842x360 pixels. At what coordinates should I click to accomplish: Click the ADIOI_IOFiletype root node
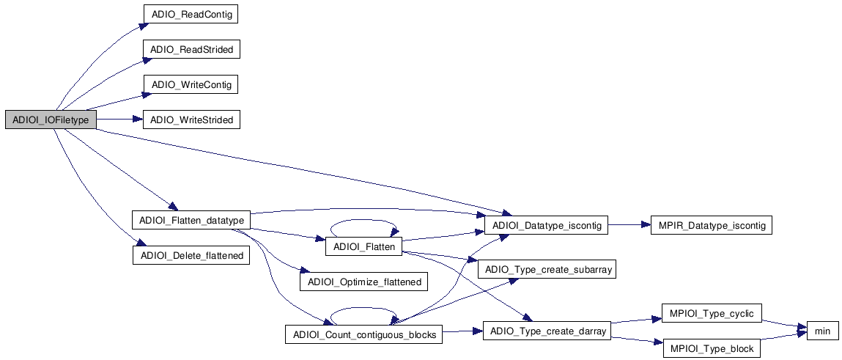50,120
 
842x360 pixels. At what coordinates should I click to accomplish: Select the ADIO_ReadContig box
192,15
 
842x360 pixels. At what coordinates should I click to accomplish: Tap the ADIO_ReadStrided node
192,50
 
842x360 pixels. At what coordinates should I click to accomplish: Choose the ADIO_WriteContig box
192,85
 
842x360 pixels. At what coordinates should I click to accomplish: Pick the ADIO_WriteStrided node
192,120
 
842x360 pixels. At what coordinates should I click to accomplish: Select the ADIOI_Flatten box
364,247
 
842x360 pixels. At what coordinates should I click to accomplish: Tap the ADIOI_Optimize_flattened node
364,282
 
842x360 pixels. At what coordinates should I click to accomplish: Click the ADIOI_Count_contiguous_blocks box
364,335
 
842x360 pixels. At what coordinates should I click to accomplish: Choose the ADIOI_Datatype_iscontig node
546,226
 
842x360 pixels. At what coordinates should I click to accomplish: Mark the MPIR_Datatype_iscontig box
711,226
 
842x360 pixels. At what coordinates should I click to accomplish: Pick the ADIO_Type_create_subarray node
546,269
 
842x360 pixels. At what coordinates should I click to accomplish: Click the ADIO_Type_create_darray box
546,331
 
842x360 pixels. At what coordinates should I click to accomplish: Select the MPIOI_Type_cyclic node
711,314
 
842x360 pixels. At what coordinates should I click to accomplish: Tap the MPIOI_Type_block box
711,348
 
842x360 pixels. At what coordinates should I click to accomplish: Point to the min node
822,331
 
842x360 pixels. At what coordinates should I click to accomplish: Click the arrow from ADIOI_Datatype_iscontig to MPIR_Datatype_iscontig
629,226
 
